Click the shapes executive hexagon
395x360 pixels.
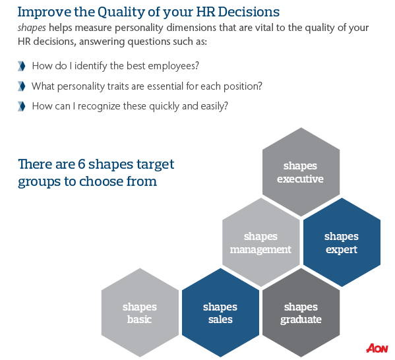[x=301, y=172]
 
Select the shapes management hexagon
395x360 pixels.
[x=261, y=243]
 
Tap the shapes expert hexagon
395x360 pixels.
[x=342, y=243]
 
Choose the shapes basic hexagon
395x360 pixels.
[x=140, y=313]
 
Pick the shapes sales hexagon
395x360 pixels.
[x=221, y=313]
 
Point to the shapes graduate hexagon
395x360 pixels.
[x=301, y=313]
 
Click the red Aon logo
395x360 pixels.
[x=377, y=348]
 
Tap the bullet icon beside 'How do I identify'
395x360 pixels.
[x=22, y=66]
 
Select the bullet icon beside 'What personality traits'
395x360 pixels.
[x=22, y=86]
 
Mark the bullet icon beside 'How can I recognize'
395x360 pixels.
[x=22, y=106]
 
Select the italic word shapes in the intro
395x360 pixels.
[x=32, y=28]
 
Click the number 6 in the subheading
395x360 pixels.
[x=81, y=164]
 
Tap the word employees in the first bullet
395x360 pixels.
[x=173, y=66]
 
